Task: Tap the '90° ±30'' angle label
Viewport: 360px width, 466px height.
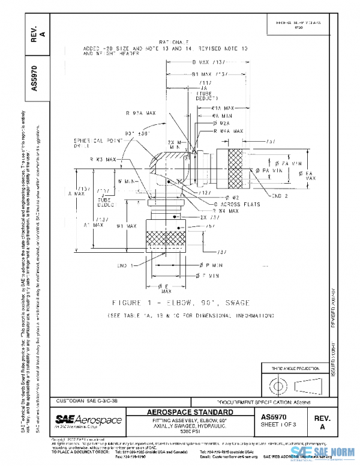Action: (138, 133)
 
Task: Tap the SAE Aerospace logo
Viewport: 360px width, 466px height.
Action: (89, 419)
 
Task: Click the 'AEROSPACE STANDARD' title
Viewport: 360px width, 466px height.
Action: (190, 412)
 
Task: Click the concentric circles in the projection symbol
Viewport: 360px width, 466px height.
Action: (278, 383)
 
